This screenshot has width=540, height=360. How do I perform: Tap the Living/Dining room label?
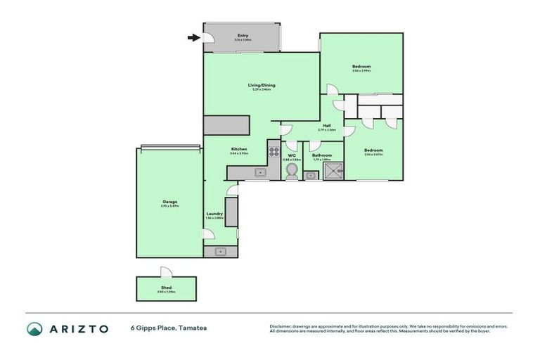click(x=261, y=85)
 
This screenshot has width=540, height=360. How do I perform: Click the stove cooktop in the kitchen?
click(x=274, y=151)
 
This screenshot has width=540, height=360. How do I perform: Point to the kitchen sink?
click(x=259, y=172)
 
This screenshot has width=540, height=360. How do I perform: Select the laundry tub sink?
click(x=221, y=251)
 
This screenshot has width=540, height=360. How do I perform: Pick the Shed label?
click(x=167, y=287)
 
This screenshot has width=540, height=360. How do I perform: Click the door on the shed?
click(x=165, y=272)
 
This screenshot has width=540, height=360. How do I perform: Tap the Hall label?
click(x=327, y=126)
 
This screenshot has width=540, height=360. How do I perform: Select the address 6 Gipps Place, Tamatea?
click(x=168, y=328)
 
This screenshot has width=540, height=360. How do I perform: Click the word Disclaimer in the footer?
click(x=281, y=326)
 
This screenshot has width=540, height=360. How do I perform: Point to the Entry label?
click(x=243, y=35)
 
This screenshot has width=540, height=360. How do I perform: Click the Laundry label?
click(x=214, y=214)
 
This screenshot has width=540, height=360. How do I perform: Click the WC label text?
click(x=291, y=155)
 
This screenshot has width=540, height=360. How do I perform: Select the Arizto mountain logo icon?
click(x=34, y=328)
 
